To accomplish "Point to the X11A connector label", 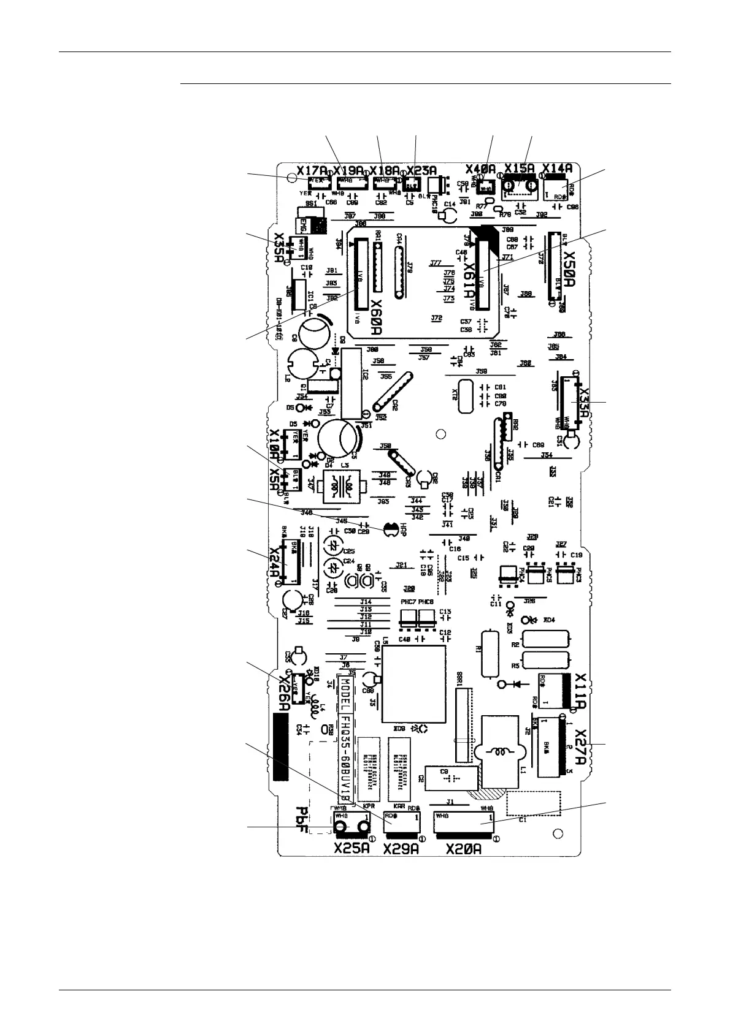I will pyautogui.click(x=582, y=690).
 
